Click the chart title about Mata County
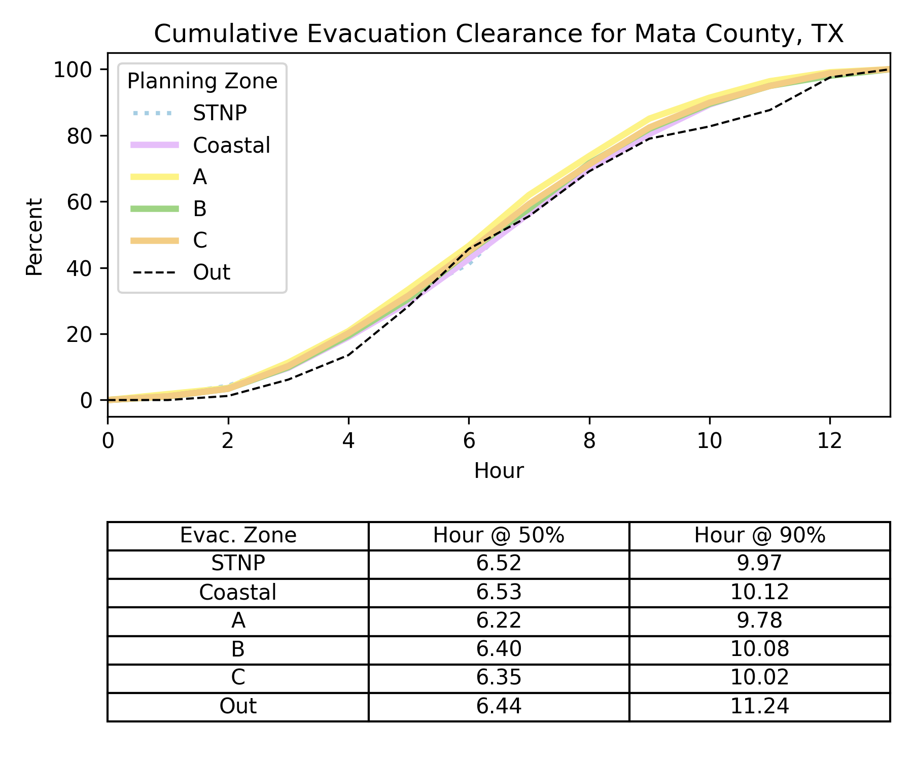pos(499,34)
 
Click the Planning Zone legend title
pos(202,81)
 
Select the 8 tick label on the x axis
pos(589,441)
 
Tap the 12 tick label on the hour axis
pos(830,441)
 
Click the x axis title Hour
pos(499,471)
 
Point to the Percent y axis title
pos(34,236)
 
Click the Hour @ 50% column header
pos(499,536)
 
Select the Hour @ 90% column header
pos(759,536)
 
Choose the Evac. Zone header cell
pos(238,536)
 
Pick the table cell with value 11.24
pos(759,706)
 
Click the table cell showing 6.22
pos(499,621)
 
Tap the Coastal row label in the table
pos(238,593)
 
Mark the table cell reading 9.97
pos(759,564)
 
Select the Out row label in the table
pos(238,706)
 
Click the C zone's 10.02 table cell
pos(759,678)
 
